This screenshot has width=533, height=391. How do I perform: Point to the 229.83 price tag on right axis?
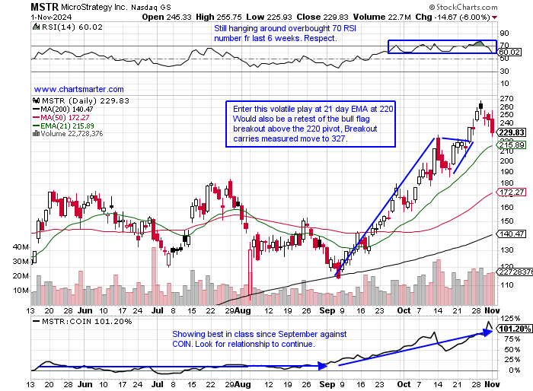pos(510,132)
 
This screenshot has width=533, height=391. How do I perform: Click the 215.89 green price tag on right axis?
pos(510,145)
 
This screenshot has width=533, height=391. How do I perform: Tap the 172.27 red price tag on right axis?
pos(510,192)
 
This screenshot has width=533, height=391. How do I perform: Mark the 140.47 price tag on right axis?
pos(510,234)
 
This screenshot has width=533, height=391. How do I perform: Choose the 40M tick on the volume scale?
pos(22,248)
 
